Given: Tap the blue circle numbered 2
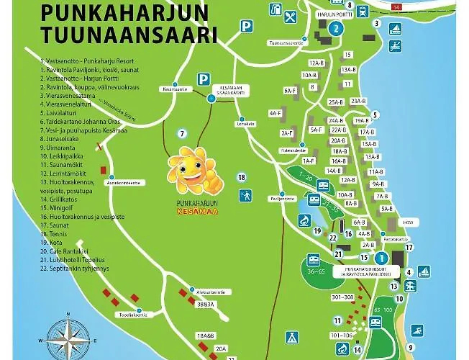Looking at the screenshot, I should point(336,29).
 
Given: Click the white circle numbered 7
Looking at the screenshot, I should point(183,133).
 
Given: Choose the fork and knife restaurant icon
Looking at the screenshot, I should point(290,17).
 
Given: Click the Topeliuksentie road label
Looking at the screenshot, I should point(133,315).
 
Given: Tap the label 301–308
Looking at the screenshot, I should point(342,297).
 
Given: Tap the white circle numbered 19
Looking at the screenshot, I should point(317,231).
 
